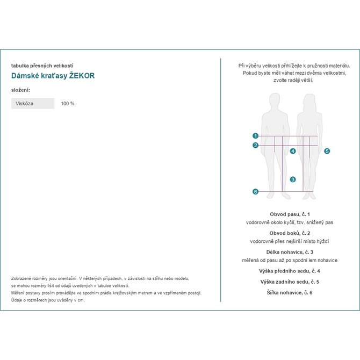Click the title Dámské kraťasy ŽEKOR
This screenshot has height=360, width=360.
[53, 76]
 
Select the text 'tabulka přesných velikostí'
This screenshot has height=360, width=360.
[42, 66]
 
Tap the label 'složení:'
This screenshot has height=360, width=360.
[20, 89]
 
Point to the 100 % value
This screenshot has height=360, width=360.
[68, 103]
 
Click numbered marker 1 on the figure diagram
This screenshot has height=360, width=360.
[256, 136]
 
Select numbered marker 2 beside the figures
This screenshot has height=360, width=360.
[256, 145]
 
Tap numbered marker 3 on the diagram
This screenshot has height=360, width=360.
[293, 179]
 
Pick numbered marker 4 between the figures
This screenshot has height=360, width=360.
[293, 152]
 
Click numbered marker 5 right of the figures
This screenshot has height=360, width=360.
[327, 152]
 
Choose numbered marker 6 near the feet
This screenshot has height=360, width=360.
[256, 192]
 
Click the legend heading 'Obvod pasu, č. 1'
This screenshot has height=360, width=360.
[290, 214]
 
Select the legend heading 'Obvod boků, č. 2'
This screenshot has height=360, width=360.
[290, 233]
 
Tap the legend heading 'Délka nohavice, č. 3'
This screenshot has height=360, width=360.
[290, 252]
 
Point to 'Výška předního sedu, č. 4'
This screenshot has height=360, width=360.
[290, 271]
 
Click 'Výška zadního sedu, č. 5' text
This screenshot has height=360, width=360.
[290, 282]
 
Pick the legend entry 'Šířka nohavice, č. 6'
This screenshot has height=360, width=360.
[290, 292]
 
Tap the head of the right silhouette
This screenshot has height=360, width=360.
[309, 101]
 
